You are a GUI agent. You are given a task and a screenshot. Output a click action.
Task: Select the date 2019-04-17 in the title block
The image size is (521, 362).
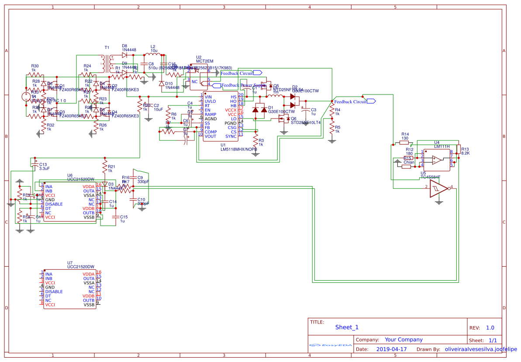pyautogui.click(x=391, y=349)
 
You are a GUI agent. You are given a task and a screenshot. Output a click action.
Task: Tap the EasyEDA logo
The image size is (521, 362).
pyautogui.click(x=331, y=345)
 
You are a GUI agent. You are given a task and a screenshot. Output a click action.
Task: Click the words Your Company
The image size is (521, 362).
pyautogui.click(x=404, y=340)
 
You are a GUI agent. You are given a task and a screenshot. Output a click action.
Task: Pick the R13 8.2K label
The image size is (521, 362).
pyautogui.click(x=465, y=151)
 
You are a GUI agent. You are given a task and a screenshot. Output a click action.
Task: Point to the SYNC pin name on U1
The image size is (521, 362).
pyautogui.click(x=231, y=136)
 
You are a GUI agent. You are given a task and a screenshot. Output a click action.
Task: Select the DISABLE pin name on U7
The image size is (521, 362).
pyautogui.click(x=54, y=292)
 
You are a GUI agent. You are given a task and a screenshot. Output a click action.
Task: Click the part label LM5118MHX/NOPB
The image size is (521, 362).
pyautogui.click(x=239, y=149)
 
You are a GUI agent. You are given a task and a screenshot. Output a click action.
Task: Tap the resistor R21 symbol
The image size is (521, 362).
pyautogui.click(x=104, y=167)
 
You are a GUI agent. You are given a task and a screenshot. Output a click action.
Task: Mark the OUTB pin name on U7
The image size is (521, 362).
pyautogui.click(x=89, y=300)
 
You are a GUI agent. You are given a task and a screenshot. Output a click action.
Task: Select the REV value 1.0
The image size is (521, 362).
pyautogui.click(x=490, y=328)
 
